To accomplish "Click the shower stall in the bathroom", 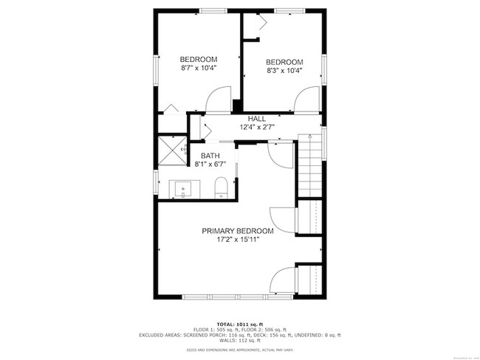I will click(171, 150).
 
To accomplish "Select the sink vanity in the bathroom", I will click(181, 190).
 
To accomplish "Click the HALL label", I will click(257, 119).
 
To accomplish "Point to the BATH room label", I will click(210, 156).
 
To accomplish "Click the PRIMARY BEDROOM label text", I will click(238, 231).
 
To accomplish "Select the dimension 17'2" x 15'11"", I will click(238, 240).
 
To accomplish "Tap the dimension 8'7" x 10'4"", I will click(199, 68).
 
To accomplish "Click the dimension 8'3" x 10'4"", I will click(284, 71).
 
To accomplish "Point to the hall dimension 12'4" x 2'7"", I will click(257, 127).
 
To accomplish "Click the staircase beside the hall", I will click(310, 166).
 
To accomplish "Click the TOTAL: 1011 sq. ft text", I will click(239, 324).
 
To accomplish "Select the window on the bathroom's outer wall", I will click(156, 181).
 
